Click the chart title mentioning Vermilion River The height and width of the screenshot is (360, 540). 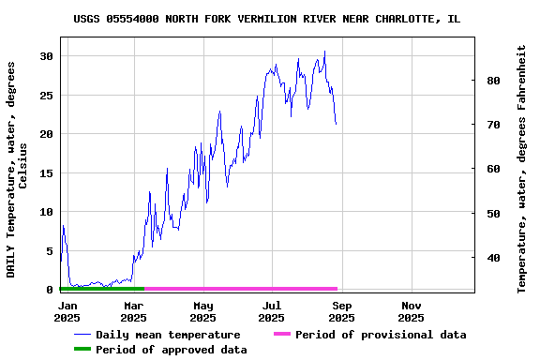[266, 19]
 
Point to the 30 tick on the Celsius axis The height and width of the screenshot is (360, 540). [46, 56]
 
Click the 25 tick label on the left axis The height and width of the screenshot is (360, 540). [46, 96]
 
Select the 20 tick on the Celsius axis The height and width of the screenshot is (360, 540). [46, 134]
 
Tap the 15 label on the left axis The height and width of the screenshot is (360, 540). [46, 173]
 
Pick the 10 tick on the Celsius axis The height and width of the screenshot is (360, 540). [46, 213]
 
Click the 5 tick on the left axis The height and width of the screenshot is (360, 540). [50, 251]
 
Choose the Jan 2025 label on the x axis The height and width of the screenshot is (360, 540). [67, 311]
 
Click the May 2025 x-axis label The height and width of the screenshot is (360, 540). [202, 311]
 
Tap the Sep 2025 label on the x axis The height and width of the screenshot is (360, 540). [341, 311]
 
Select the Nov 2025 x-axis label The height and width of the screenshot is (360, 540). [411, 311]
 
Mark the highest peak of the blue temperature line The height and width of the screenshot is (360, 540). [324, 51]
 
